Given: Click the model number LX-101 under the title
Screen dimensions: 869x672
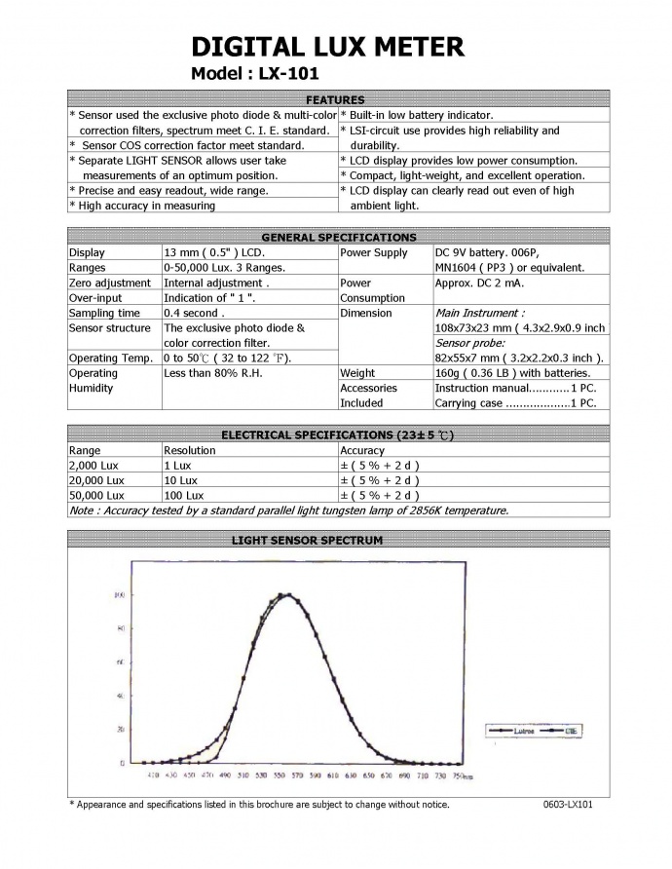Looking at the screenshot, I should coord(256,74).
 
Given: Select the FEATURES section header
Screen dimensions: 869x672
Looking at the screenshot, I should coord(335,99).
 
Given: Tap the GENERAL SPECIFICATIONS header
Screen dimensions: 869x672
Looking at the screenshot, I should coord(338,237).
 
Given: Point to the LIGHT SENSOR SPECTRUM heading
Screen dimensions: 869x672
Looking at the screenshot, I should coord(306,540).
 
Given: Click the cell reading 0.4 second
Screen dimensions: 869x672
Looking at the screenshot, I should coord(195,313).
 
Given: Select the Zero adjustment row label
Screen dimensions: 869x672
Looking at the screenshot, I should coord(109,283).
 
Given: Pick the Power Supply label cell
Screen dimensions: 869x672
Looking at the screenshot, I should coord(373,252).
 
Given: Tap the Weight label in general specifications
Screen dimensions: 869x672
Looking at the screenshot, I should coord(358,372).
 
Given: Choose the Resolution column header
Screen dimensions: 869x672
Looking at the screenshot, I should coord(190,450).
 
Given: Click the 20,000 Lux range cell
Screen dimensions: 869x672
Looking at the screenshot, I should coord(96,480).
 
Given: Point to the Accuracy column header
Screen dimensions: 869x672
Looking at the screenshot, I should coord(362,450).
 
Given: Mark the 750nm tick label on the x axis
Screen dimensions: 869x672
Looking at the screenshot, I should coord(464,776).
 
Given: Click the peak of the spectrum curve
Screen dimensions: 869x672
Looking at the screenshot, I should coord(288,594).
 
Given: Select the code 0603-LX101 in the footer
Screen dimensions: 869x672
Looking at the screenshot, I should coord(569,805).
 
